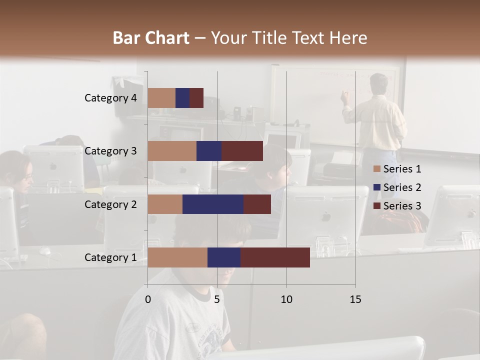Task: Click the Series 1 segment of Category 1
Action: pyautogui.click(x=177, y=257)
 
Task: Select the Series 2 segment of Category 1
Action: pyautogui.click(x=224, y=257)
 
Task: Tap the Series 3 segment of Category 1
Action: pyautogui.click(x=275, y=257)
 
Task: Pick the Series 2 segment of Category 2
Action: pyautogui.click(x=213, y=204)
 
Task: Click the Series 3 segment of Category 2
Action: pyautogui.click(x=257, y=204)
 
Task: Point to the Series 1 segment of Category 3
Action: pyautogui.click(x=172, y=151)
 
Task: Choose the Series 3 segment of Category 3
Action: pyautogui.click(x=242, y=151)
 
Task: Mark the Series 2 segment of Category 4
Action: pyautogui.click(x=182, y=98)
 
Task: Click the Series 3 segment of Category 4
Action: pyautogui.click(x=196, y=98)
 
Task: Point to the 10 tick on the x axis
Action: pyautogui.click(x=286, y=299)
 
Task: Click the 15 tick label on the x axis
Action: pyautogui.click(x=355, y=299)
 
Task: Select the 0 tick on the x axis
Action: pyautogui.click(x=148, y=299)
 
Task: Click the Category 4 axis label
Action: pyautogui.click(x=110, y=98)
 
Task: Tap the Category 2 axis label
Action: pyautogui.click(x=110, y=204)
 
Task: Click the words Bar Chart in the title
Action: pyautogui.click(x=151, y=38)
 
